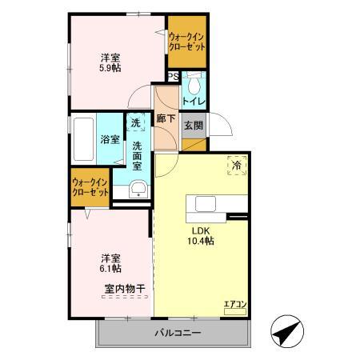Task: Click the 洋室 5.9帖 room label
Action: (111, 63)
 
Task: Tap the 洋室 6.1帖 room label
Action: (111, 263)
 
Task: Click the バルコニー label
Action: (173, 332)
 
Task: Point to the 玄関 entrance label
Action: (194, 125)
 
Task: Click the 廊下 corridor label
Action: (166, 119)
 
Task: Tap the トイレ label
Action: (194, 102)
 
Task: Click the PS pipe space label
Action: (173, 77)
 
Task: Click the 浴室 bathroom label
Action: (110, 139)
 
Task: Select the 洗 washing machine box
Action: (136, 123)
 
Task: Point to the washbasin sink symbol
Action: (138, 189)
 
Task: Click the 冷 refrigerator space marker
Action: (237, 165)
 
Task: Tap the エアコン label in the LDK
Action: (235, 304)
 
